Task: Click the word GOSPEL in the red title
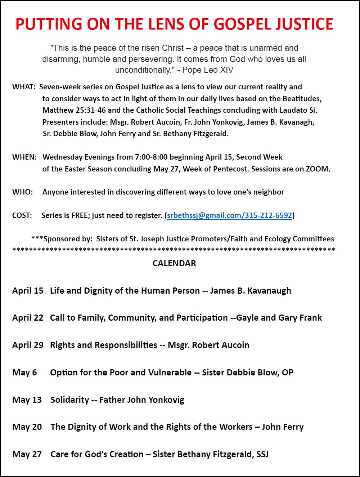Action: [x=245, y=24]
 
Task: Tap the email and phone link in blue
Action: [x=229, y=215]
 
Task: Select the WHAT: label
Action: [x=24, y=87]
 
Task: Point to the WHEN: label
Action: [x=24, y=157]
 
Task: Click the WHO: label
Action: [x=22, y=192]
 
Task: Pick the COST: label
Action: [x=22, y=215]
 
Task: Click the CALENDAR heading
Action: [x=174, y=263]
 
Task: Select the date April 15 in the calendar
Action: [x=28, y=291]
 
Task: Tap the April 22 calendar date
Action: [x=28, y=318]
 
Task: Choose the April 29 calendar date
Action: [x=28, y=345]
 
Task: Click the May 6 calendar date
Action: [x=24, y=373]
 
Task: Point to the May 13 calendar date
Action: [x=27, y=400]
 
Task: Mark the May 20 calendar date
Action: [x=27, y=427]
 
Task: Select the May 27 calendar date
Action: [x=27, y=454]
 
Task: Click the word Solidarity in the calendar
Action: [x=69, y=400]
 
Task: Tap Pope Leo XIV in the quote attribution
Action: [x=208, y=70]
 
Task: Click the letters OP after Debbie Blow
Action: [x=287, y=373]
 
